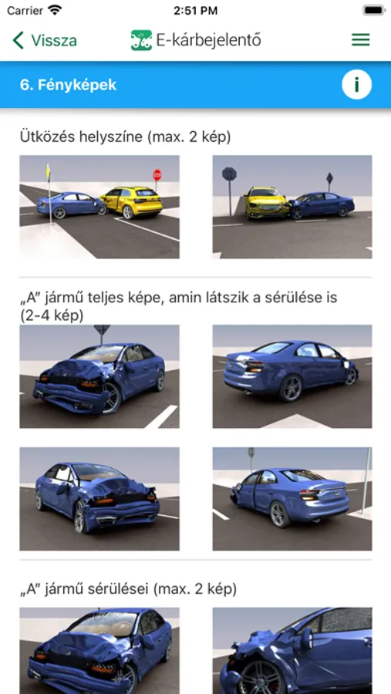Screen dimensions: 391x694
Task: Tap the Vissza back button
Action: [45, 40]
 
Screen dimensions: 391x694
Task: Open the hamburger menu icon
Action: [360, 40]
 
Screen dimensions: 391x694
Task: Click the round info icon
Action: [356, 85]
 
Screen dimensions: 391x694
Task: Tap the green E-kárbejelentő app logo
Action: [141, 40]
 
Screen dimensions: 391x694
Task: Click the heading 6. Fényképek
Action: [68, 85]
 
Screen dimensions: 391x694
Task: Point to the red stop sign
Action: [157, 175]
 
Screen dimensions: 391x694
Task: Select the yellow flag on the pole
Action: [48, 171]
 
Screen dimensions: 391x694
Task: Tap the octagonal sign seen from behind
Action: [229, 174]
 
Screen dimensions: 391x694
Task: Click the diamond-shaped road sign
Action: [329, 178]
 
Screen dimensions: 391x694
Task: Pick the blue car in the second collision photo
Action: [322, 205]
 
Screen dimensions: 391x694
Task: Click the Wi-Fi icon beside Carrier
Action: [55, 10]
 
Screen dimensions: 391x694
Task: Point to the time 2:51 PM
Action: [195, 11]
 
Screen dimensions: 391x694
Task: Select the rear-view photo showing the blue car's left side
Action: [292, 376]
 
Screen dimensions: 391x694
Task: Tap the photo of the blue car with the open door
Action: [292, 499]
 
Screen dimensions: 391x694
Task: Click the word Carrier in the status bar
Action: [25, 11]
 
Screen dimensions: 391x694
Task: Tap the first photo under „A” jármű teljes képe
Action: [99, 376]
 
